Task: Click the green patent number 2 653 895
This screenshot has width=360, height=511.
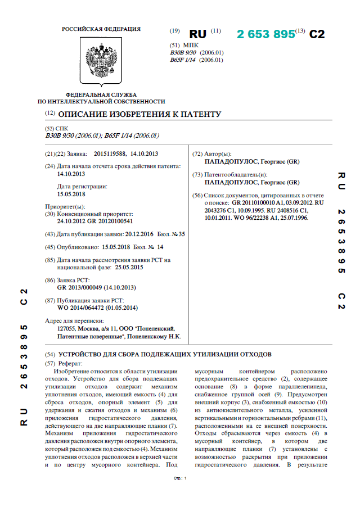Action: (266, 34)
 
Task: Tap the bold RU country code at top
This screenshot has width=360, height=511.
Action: (197, 34)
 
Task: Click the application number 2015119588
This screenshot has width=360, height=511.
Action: (109, 153)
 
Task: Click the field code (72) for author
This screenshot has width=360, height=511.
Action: (197, 153)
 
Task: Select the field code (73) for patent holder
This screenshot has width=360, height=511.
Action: (197, 175)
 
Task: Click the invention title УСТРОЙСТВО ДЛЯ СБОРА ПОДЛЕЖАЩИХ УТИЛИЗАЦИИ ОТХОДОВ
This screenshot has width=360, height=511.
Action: (165, 355)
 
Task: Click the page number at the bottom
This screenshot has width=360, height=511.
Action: (180, 478)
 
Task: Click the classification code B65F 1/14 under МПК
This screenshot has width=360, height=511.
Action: (182, 60)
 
